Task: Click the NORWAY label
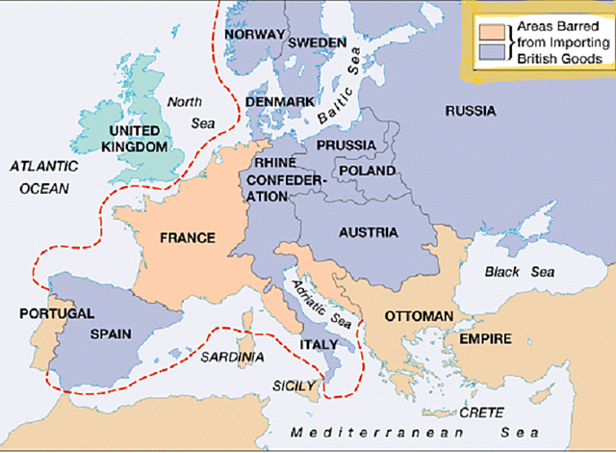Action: (x=254, y=35)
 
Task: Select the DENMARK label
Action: (x=281, y=101)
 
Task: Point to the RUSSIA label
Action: (x=471, y=111)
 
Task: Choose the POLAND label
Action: (x=368, y=171)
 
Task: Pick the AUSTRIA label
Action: (x=371, y=232)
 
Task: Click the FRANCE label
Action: (x=188, y=237)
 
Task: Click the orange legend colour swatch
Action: (x=490, y=27)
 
